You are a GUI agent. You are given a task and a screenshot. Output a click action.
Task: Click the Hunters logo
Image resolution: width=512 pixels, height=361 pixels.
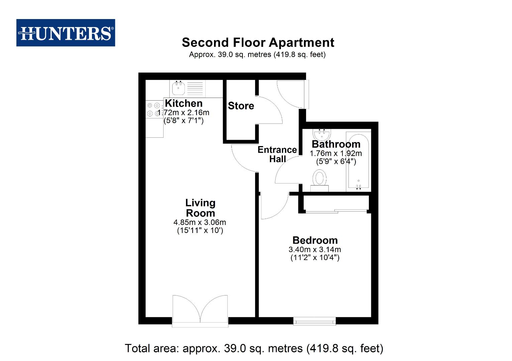(x=66, y=33)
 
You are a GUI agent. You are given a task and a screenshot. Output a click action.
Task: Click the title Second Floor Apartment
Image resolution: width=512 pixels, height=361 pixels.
(x=258, y=42)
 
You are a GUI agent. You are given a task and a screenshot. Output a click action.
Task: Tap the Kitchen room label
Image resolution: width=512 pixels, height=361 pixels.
(x=184, y=103)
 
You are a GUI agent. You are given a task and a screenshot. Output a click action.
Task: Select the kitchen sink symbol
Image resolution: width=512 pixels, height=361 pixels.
(x=179, y=88)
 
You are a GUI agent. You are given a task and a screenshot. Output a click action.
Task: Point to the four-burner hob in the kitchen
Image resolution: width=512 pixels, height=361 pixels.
(x=153, y=110)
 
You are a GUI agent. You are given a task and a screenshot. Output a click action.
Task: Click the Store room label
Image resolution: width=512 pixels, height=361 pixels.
(x=241, y=106)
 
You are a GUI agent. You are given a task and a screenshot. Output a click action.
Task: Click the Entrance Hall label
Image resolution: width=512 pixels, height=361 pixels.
(x=277, y=154)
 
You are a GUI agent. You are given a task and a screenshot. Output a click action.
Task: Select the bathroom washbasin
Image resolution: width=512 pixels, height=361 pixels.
(x=322, y=135)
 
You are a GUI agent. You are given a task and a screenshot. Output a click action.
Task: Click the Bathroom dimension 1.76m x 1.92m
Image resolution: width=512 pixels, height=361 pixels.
(x=336, y=153)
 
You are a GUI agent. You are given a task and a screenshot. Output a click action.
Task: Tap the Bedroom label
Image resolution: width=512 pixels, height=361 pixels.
(x=315, y=240)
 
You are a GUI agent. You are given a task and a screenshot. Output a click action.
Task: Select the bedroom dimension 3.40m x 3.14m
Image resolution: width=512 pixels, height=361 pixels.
(x=315, y=249)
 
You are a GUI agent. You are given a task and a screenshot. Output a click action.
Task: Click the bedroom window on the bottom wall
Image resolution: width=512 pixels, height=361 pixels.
(x=314, y=322)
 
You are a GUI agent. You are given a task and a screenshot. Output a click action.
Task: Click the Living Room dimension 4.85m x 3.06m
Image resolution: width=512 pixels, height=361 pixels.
(x=200, y=222)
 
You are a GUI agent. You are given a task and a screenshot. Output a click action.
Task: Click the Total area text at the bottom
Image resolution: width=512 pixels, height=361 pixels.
(x=254, y=348)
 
